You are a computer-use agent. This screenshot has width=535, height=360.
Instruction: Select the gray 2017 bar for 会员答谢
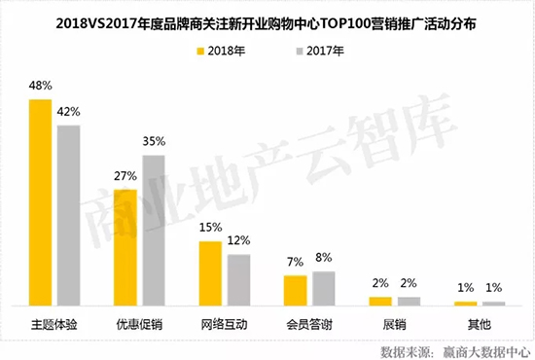click(324, 288)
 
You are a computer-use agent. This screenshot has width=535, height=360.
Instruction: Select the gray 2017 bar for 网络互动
click(238, 279)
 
